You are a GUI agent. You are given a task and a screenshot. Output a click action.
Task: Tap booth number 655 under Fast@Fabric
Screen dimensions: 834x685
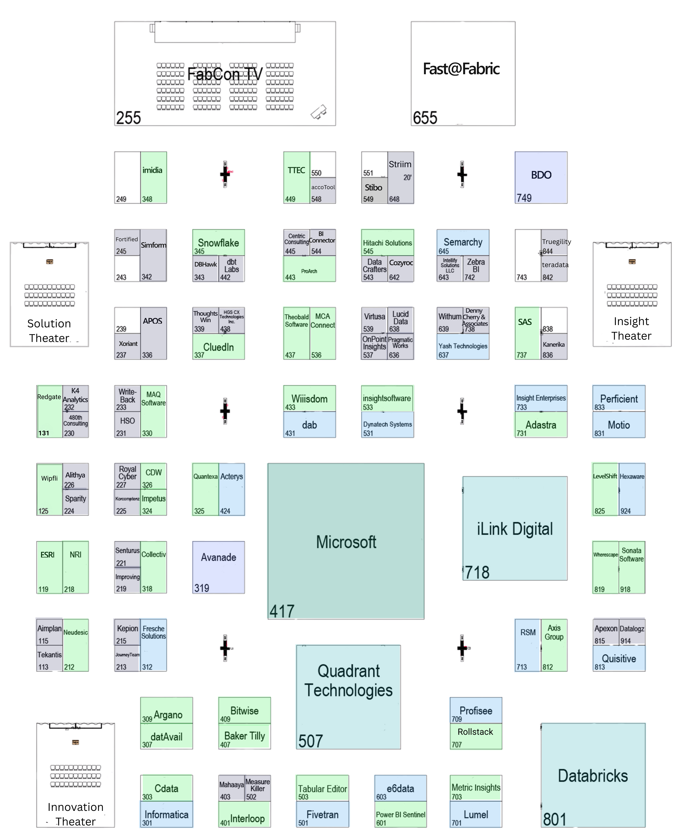click(x=425, y=118)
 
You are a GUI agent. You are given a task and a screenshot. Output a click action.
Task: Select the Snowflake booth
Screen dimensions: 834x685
click(x=218, y=243)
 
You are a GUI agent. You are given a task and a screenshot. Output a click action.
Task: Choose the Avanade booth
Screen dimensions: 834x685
click(x=218, y=557)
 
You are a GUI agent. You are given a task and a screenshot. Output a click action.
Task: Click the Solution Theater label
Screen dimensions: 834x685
click(x=49, y=331)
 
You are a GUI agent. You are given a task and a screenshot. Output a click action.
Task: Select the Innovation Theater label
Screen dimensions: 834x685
click(x=75, y=814)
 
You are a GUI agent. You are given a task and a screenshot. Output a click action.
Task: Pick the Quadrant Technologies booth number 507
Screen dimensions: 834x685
click(x=311, y=741)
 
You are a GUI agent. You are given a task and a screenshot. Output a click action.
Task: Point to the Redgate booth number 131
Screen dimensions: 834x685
click(x=44, y=433)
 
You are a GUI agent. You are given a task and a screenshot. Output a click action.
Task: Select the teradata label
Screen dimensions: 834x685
click(x=555, y=265)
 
